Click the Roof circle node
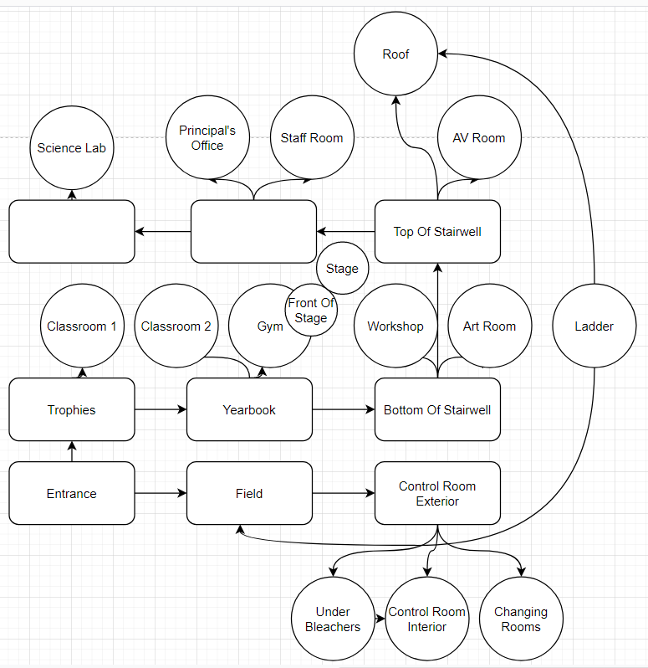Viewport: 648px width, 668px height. (x=395, y=54)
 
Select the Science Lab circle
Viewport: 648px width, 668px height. (x=71, y=148)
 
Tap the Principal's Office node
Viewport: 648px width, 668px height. (x=207, y=137)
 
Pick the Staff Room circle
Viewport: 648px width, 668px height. (x=311, y=137)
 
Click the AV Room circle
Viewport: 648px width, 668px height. (x=478, y=137)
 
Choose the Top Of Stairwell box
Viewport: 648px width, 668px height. (x=437, y=232)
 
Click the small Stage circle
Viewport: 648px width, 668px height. (x=342, y=269)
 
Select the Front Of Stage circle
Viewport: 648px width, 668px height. (x=311, y=311)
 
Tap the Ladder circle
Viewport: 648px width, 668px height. (x=594, y=326)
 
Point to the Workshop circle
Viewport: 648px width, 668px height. (x=395, y=326)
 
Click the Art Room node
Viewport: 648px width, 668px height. (x=489, y=326)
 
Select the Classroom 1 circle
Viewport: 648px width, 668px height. (x=82, y=326)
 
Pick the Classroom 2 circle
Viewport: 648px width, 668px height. (x=176, y=326)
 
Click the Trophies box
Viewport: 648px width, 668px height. (x=72, y=409)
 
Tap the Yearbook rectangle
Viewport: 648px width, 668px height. (x=249, y=409)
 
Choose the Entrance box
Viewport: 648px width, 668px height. (x=72, y=493)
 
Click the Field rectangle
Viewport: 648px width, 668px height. (x=249, y=493)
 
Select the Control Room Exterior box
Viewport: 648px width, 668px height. (x=437, y=493)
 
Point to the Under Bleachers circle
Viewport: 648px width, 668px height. (x=333, y=619)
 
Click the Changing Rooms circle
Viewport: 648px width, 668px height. (x=521, y=619)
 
